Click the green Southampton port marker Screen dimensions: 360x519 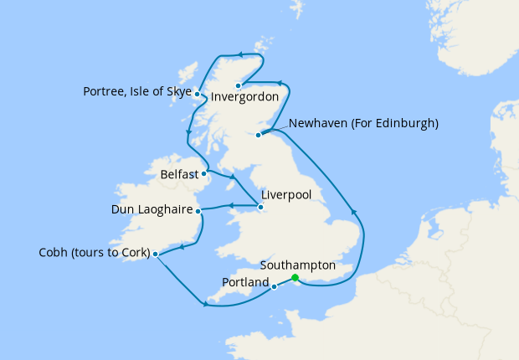pyautogui.click(x=295, y=278)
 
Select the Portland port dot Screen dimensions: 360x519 pyautogui.click(x=275, y=287)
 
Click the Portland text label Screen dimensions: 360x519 pyautogui.click(x=245, y=283)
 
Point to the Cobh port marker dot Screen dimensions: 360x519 pyautogui.click(x=156, y=253)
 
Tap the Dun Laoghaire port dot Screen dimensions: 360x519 pyautogui.click(x=198, y=211)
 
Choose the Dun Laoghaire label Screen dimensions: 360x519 pyautogui.click(x=152, y=209)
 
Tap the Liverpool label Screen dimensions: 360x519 pyautogui.click(x=286, y=194)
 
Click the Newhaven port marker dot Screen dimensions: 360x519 pyautogui.click(x=259, y=135)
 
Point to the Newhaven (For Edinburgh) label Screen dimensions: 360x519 pyautogui.click(x=362, y=124)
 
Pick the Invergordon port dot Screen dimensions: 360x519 pyautogui.click(x=239, y=85)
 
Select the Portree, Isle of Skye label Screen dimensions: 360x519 pyautogui.click(x=137, y=91)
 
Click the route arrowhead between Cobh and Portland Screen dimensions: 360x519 pyautogui.click(x=205, y=304)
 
